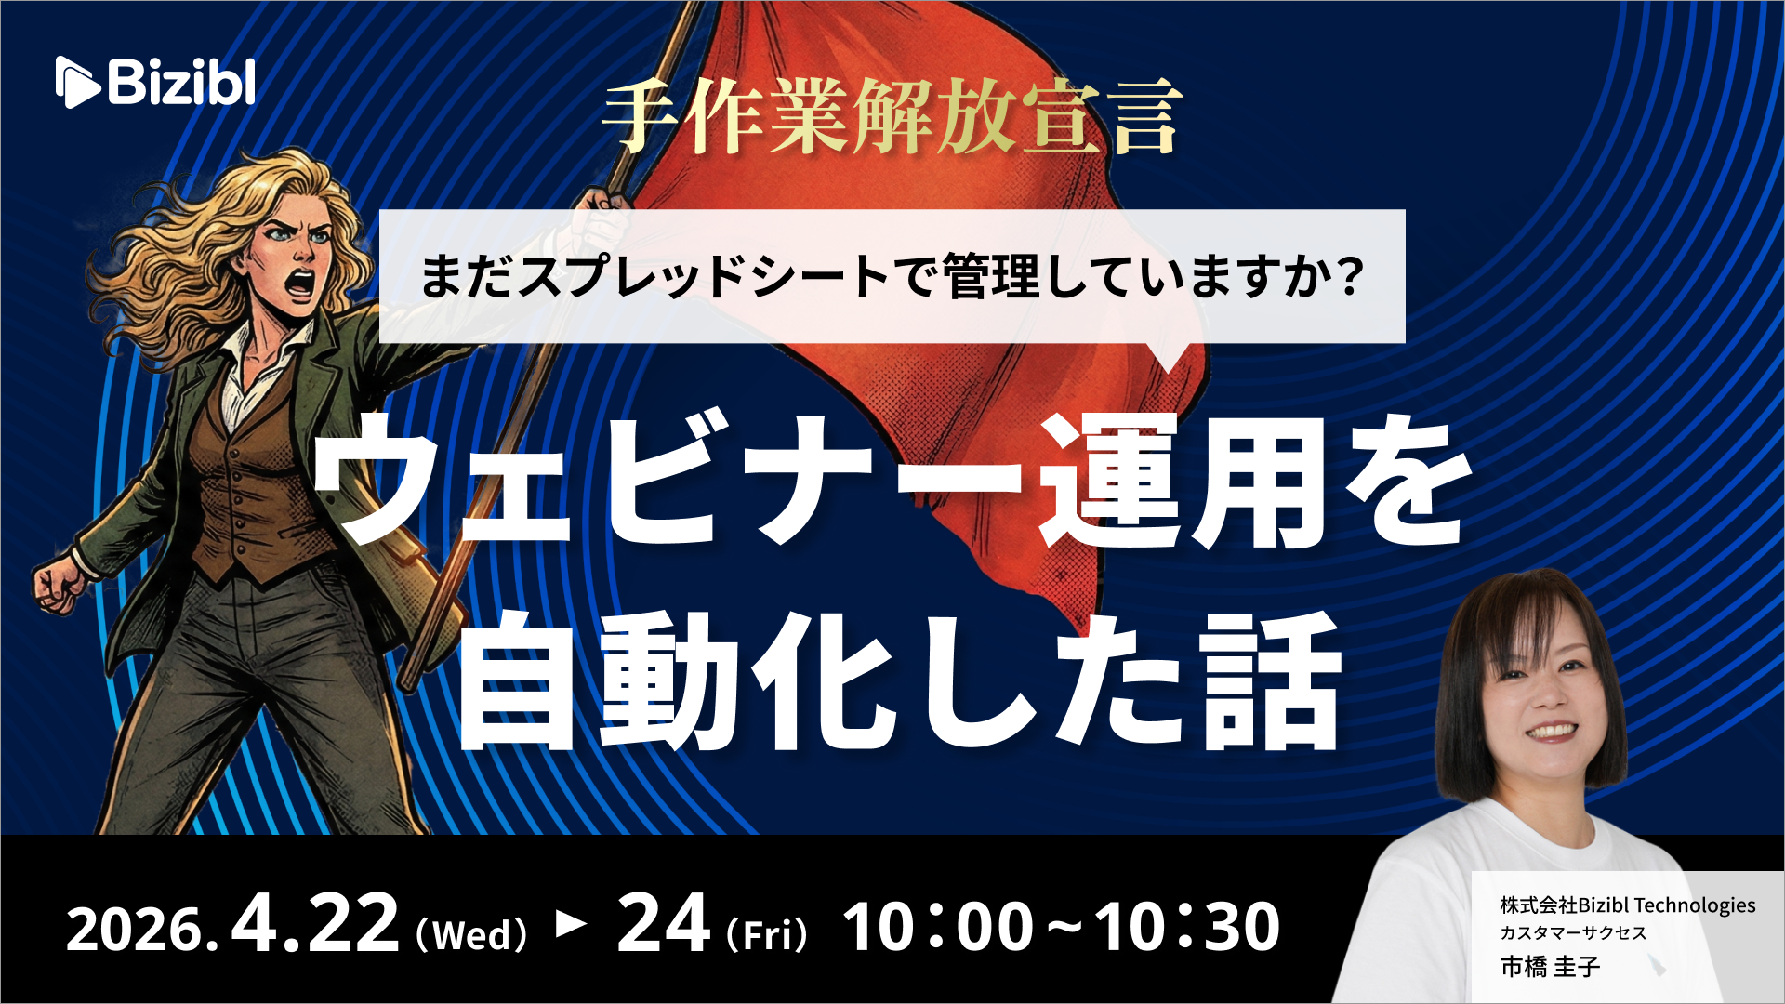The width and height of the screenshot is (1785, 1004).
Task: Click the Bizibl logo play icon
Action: [77, 82]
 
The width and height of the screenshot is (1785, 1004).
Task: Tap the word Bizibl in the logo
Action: [182, 82]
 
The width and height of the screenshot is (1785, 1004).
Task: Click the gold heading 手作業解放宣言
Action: [892, 115]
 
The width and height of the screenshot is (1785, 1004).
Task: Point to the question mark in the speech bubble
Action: [1345, 276]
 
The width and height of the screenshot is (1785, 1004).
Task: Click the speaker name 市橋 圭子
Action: [1550, 967]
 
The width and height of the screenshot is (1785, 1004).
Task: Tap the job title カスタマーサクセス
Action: [1573, 932]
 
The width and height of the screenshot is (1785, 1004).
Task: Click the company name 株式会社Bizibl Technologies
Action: [1628, 905]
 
